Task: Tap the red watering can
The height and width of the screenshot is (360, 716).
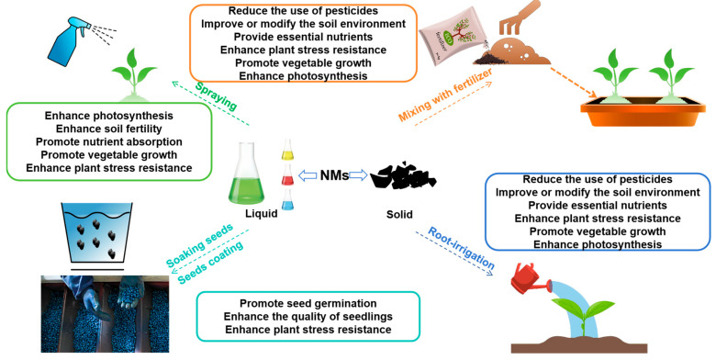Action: tap(529, 278)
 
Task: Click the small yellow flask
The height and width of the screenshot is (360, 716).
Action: tap(287, 150)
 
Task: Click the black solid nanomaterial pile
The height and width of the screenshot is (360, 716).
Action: tap(403, 176)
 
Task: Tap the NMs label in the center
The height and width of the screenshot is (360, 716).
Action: tap(334, 175)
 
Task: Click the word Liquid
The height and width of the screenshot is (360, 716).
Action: tap(262, 213)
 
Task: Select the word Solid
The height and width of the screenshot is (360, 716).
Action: tap(399, 214)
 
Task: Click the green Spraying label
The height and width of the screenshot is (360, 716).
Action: tap(216, 96)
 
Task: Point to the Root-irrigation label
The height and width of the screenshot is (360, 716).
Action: tap(461, 248)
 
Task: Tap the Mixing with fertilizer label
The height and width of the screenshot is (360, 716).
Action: tap(445, 95)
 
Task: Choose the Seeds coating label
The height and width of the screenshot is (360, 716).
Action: tap(210, 263)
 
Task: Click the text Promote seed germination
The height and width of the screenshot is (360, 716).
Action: tap(308, 303)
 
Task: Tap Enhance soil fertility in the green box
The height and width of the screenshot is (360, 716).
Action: tap(108, 129)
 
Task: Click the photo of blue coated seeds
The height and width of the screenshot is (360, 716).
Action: tap(105, 314)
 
